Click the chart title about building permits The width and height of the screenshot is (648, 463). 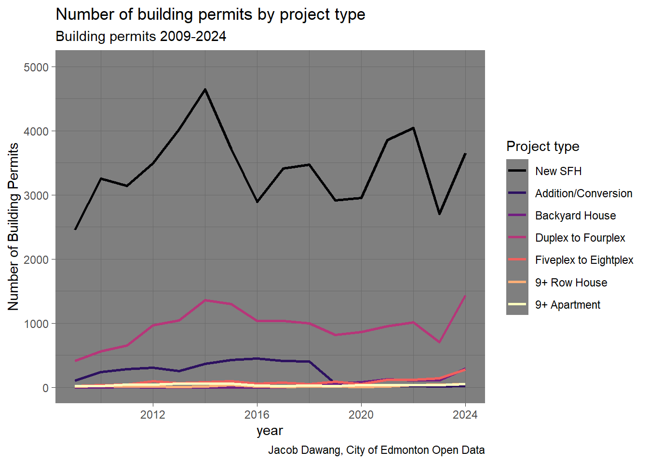click(x=210, y=14)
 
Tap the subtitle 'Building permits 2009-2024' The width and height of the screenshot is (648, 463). click(x=141, y=37)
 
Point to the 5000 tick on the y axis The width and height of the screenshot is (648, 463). click(x=36, y=67)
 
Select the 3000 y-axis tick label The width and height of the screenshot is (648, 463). click(x=36, y=195)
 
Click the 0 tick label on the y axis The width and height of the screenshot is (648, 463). click(x=45, y=388)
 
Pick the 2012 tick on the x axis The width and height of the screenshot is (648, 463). click(x=153, y=414)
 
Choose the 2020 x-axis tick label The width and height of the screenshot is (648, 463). click(x=361, y=414)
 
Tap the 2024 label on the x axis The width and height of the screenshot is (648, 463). click(x=465, y=414)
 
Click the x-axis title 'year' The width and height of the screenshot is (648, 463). click(x=270, y=431)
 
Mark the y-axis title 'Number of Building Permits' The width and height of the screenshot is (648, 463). click(x=13, y=227)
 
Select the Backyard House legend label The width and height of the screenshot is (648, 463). click(x=575, y=216)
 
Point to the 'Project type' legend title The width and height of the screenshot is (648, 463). click(x=542, y=146)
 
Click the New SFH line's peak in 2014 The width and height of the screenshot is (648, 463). click(x=205, y=89)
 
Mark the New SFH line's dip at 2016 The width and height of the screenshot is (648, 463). click(x=257, y=202)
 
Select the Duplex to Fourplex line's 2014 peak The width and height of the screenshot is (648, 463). click(x=205, y=300)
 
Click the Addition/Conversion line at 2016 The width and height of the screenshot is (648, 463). click(x=257, y=358)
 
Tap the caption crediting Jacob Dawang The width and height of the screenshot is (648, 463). click(x=376, y=450)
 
